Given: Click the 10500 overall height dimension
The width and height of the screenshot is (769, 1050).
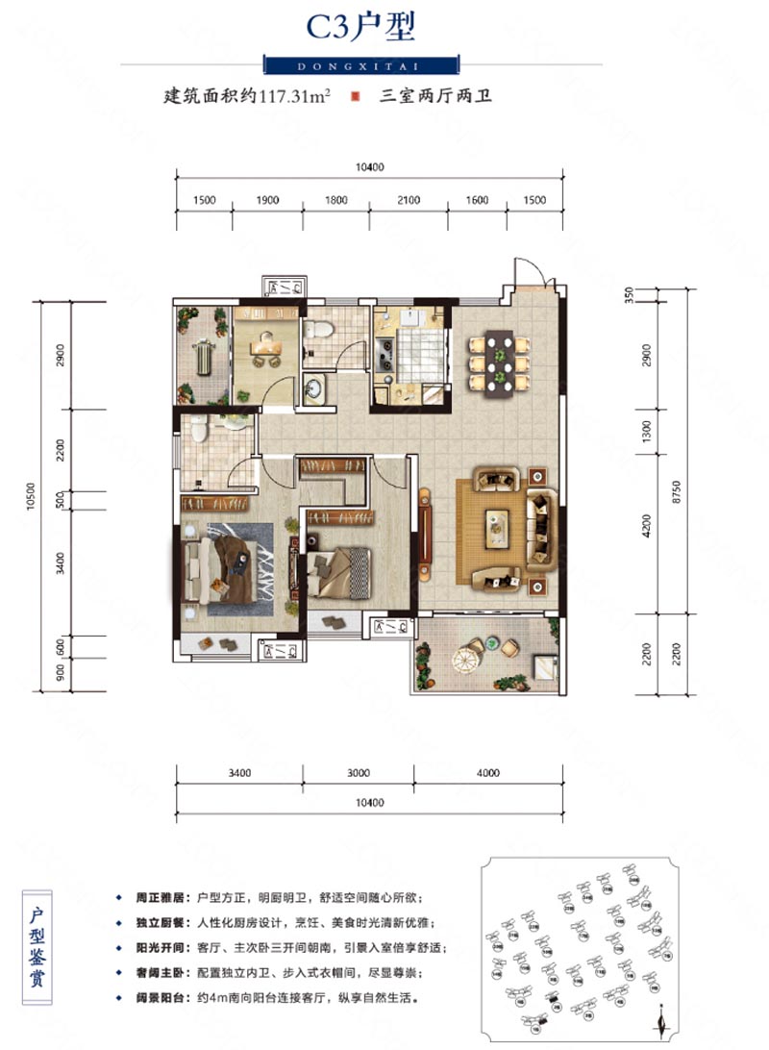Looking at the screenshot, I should point(33,498).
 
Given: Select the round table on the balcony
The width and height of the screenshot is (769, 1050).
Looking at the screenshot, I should point(467,660).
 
